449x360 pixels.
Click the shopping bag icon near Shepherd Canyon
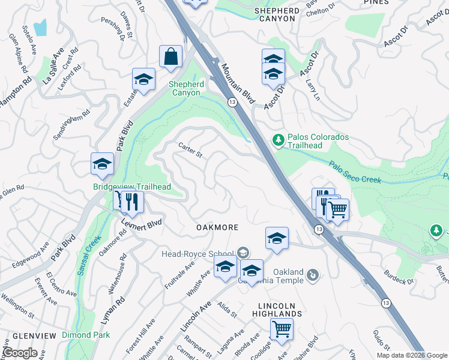(171, 56)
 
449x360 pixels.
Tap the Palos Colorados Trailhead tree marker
(278, 140)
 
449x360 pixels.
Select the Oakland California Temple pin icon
(312, 275)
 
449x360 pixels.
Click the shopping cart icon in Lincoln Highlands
(281, 329)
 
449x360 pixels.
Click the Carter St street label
(191, 149)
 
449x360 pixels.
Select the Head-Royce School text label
(197, 253)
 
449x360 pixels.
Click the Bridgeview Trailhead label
(132, 187)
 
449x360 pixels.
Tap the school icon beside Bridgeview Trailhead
(102, 164)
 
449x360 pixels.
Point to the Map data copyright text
(411, 355)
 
